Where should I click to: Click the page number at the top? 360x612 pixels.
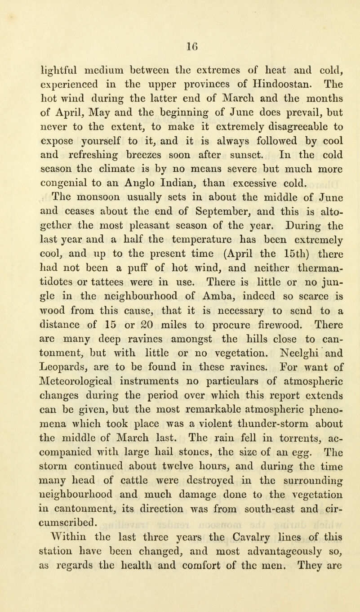pos(180,45)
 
